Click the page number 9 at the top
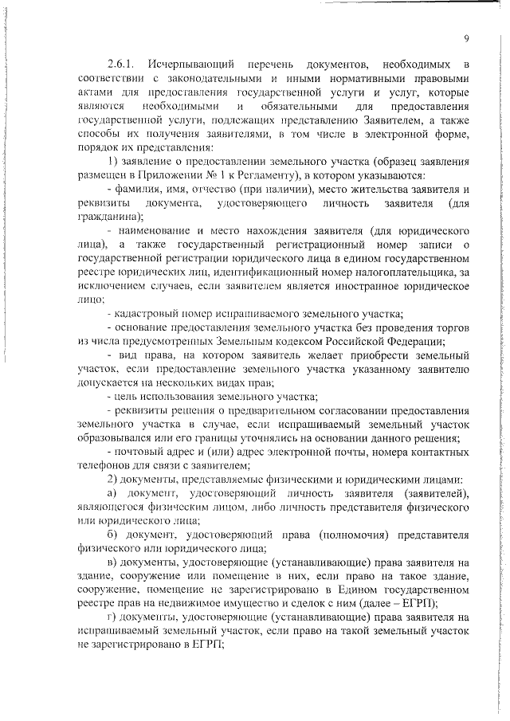tap(466, 38)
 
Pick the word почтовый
tap(136, 452)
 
